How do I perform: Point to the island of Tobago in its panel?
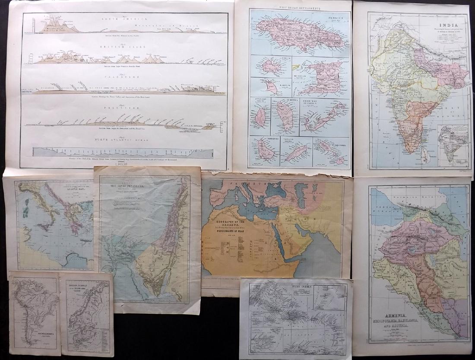pyautogui.click(x=297, y=153)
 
